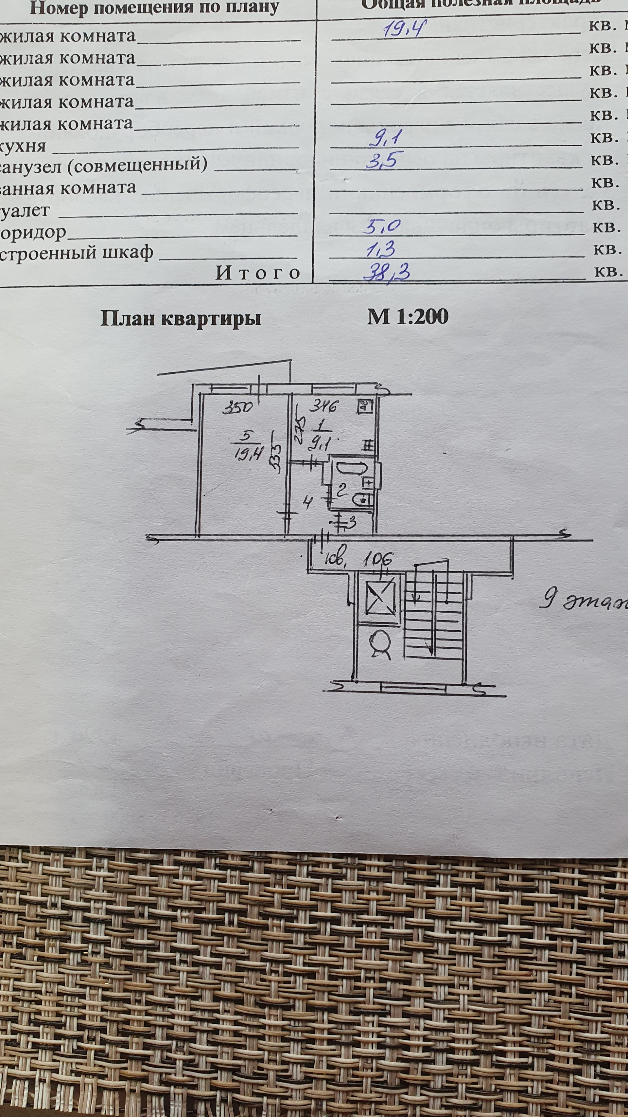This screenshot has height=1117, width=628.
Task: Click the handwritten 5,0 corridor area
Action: point(381,227)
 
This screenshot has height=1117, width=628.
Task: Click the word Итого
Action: point(258,273)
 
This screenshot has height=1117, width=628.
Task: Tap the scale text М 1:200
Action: point(408,317)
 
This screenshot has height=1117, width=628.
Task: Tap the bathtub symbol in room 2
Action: point(346,468)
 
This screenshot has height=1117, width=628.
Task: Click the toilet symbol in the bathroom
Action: point(361,500)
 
